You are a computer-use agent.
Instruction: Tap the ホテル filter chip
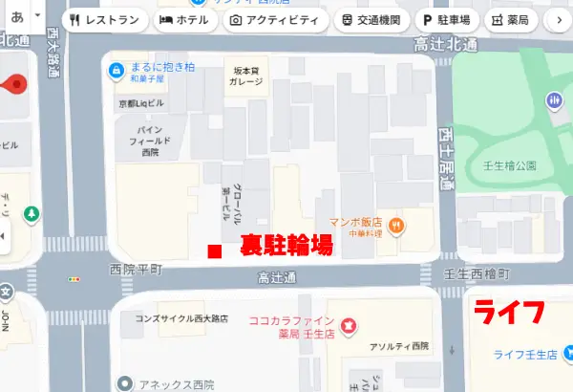(184, 19)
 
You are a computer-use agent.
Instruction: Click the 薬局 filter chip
(511, 19)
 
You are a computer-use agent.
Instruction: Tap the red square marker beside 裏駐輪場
(215, 251)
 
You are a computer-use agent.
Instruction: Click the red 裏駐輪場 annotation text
(286, 245)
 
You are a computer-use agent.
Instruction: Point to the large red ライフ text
(510, 313)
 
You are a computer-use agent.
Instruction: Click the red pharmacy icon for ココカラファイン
(349, 327)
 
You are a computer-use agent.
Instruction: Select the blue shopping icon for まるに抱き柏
(117, 69)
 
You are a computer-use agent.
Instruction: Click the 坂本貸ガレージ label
(247, 75)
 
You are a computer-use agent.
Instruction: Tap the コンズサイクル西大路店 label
(181, 319)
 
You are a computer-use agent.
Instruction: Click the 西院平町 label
(137, 272)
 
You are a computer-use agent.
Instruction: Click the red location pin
(15, 86)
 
